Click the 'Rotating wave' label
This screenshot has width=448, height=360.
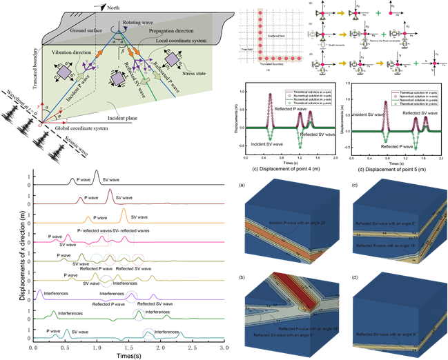137,23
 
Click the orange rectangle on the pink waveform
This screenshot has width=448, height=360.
96,239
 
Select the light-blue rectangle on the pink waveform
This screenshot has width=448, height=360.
123,239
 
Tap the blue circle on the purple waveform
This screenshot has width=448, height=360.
131,296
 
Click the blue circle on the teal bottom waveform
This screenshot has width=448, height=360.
148,333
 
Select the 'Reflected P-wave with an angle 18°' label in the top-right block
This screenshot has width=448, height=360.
389,244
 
